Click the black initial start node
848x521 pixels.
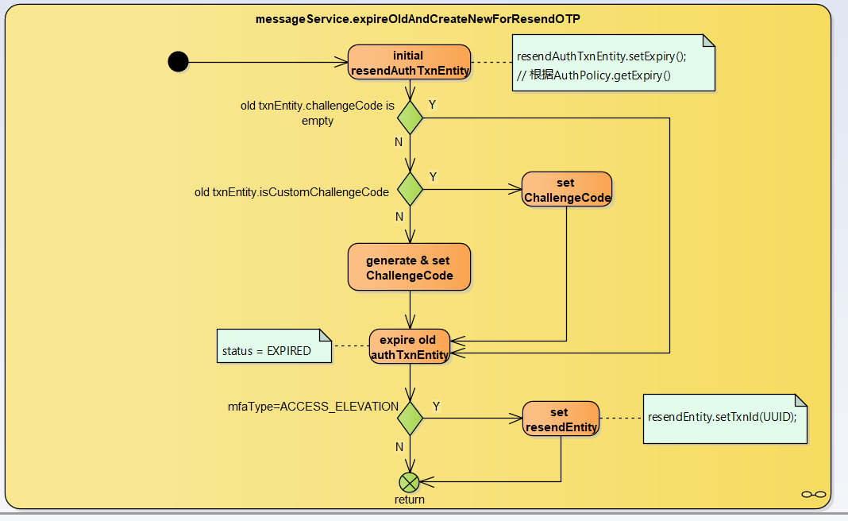pos(179,61)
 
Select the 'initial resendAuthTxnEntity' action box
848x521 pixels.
pos(409,63)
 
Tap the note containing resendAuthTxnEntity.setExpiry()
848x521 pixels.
pos(613,64)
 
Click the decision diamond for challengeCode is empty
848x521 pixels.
pos(410,117)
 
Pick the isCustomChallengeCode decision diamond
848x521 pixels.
pos(410,189)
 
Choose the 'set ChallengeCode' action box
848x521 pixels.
pos(566,190)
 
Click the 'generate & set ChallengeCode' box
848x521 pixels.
pos(409,267)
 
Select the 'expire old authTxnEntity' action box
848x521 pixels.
pos(409,346)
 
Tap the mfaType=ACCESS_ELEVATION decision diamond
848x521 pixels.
pos(410,418)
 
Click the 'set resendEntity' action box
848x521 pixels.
pos(561,419)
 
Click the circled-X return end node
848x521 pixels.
pos(409,481)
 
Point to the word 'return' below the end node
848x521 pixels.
pos(410,500)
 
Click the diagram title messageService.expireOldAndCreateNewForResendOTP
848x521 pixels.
pos(423,18)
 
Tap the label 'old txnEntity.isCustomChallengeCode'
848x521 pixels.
pos(291,192)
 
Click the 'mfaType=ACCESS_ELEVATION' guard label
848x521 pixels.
pos(313,407)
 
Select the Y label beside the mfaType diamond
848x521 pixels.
pos(436,406)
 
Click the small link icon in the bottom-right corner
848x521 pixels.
pos(813,494)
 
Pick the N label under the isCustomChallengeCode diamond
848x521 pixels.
pos(399,216)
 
